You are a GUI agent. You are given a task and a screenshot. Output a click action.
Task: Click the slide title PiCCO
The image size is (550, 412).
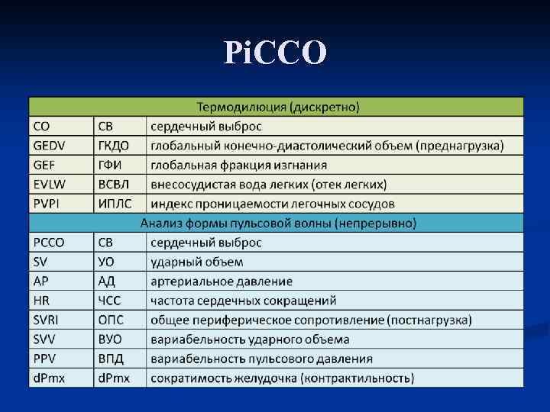click(276, 52)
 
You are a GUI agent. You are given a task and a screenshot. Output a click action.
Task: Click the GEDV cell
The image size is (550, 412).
click(50, 145)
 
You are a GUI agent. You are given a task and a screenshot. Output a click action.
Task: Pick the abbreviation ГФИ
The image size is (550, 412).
click(111, 164)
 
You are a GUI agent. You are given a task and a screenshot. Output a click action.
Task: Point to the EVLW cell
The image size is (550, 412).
click(50, 184)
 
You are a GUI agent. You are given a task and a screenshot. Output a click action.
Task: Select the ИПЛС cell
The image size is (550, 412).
click(115, 204)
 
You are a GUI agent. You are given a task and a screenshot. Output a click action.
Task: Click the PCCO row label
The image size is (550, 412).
click(50, 243)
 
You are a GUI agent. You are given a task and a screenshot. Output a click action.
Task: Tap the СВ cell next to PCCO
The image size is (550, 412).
click(106, 243)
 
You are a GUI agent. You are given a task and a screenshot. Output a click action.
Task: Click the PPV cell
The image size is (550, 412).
click(45, 358)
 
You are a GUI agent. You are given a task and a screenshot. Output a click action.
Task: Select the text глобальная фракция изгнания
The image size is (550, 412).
click(238, 164)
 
